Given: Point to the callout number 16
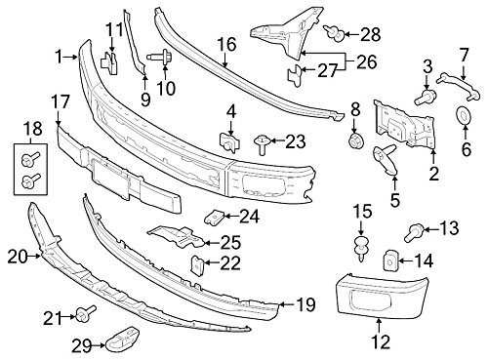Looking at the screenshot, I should pos(226,44).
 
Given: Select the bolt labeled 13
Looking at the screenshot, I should pos(413,230).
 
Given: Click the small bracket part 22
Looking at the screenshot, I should pos(196,262).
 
